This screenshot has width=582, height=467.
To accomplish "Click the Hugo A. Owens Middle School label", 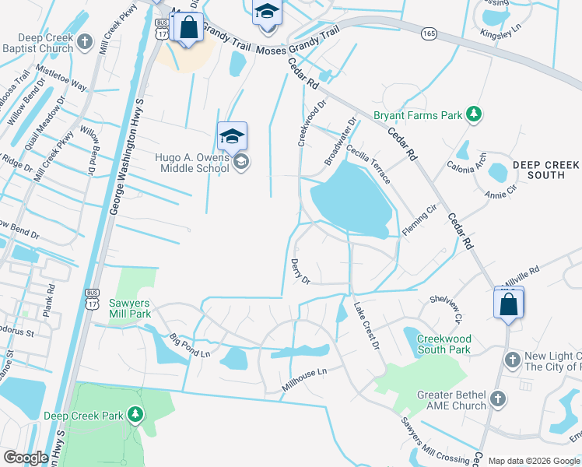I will pyautogui.click(x=191, y=162).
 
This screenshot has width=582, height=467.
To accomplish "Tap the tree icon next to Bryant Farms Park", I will pyautogui.click(x=473, y=115).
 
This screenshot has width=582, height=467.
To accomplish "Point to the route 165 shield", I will pyautogui.click(x=429, y=33).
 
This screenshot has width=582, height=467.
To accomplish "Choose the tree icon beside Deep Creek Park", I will pyautogui.click(x=135, y=416).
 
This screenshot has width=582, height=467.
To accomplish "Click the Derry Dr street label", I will pyautogui.click(x=300, y=272).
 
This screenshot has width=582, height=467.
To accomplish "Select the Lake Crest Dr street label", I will pyautogui.click(x=366, y=325).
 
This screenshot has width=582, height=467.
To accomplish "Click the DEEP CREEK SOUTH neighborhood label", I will pyautogui.click(x=545, y=170).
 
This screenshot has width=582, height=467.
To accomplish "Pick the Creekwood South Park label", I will pyautogui.click(x=444, y=344).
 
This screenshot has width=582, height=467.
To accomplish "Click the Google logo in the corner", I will pyautogui.click(x=26, y=457).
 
